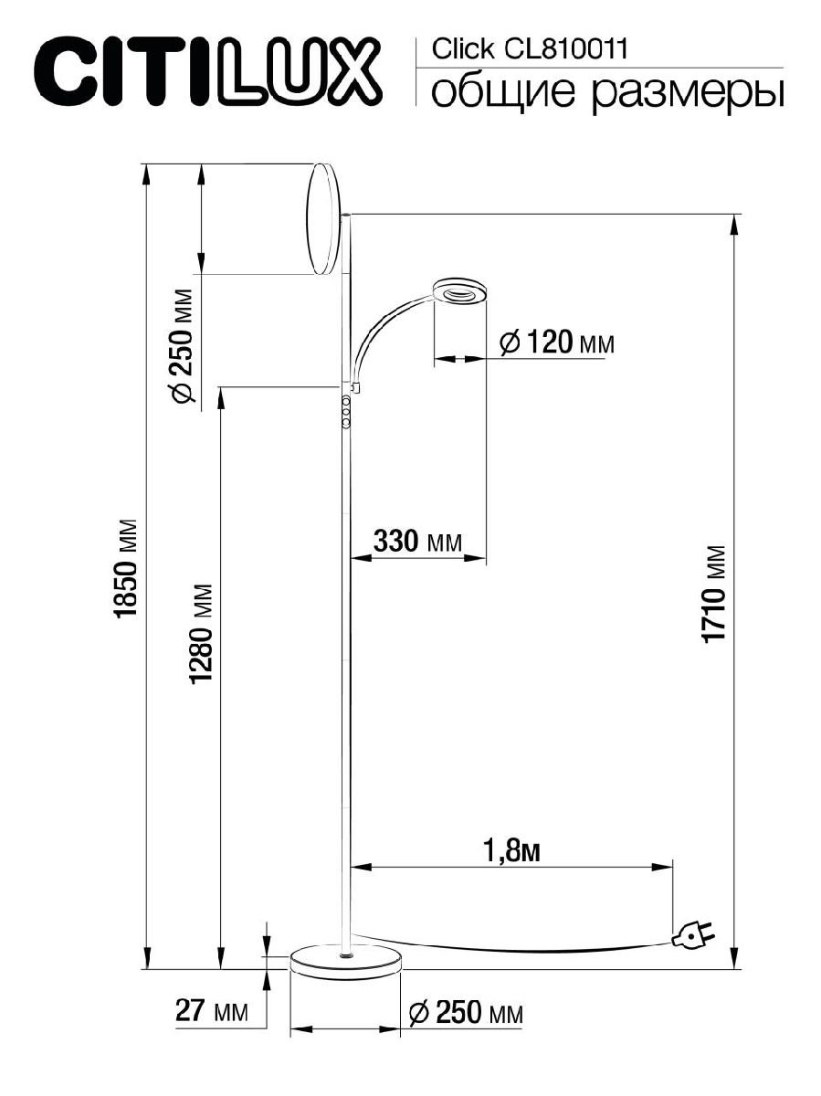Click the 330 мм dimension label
pos(417,542)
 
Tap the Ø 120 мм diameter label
pos(558,343)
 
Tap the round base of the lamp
pos(345,961)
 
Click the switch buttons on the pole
pos(347,413)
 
